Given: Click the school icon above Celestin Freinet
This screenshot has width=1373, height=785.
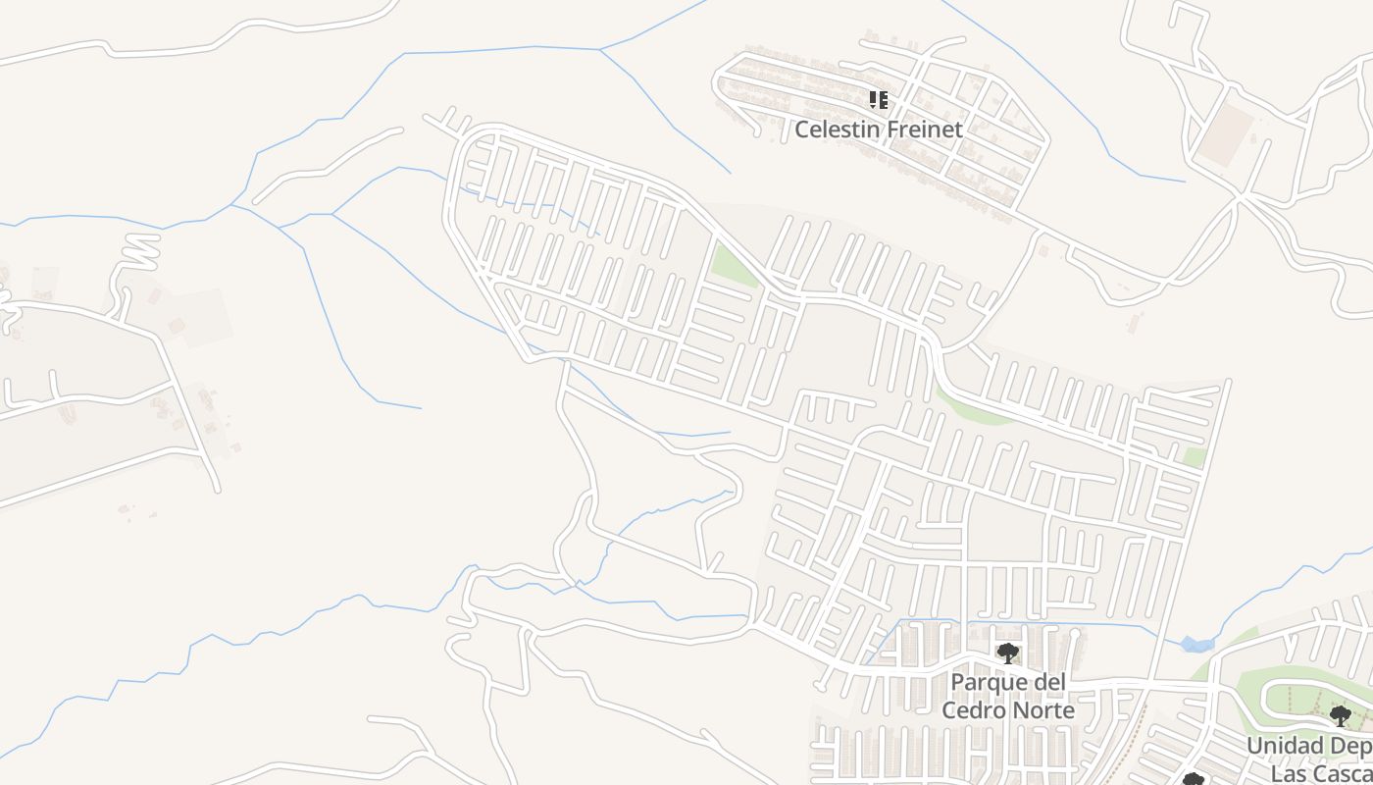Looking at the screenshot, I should (879, 99).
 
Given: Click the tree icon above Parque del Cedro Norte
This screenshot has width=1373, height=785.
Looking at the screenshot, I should (1007, 654).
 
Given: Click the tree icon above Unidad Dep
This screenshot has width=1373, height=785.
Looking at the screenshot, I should (1340, 715).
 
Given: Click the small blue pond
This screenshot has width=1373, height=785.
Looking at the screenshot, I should (1196, 645).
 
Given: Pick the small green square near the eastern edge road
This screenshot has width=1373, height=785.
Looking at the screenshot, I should (1194, 457).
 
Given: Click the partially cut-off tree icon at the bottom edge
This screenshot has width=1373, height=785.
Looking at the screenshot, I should (1193, 780).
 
